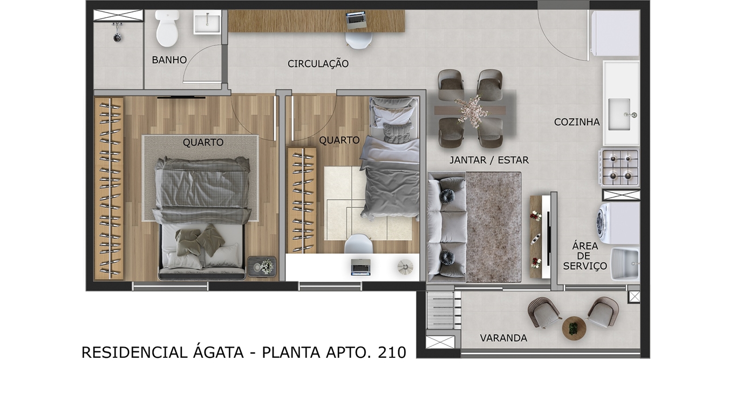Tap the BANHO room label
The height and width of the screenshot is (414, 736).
point(169,60)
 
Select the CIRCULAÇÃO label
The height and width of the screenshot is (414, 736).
point(318,64)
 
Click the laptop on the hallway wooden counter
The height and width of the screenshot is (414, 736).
point(356,20)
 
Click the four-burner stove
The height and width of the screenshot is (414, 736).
point(620,167)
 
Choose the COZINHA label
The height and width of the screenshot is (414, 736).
point(577,122)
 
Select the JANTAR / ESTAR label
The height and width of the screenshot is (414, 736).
point(489,160)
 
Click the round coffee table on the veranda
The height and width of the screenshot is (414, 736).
point(573,328)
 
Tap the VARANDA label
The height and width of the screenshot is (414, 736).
point(503,338)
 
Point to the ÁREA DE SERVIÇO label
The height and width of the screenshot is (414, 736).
point(585,256)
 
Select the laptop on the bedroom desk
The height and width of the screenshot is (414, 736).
point(360,266)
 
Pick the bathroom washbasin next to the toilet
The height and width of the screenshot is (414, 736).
point(207,23)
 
